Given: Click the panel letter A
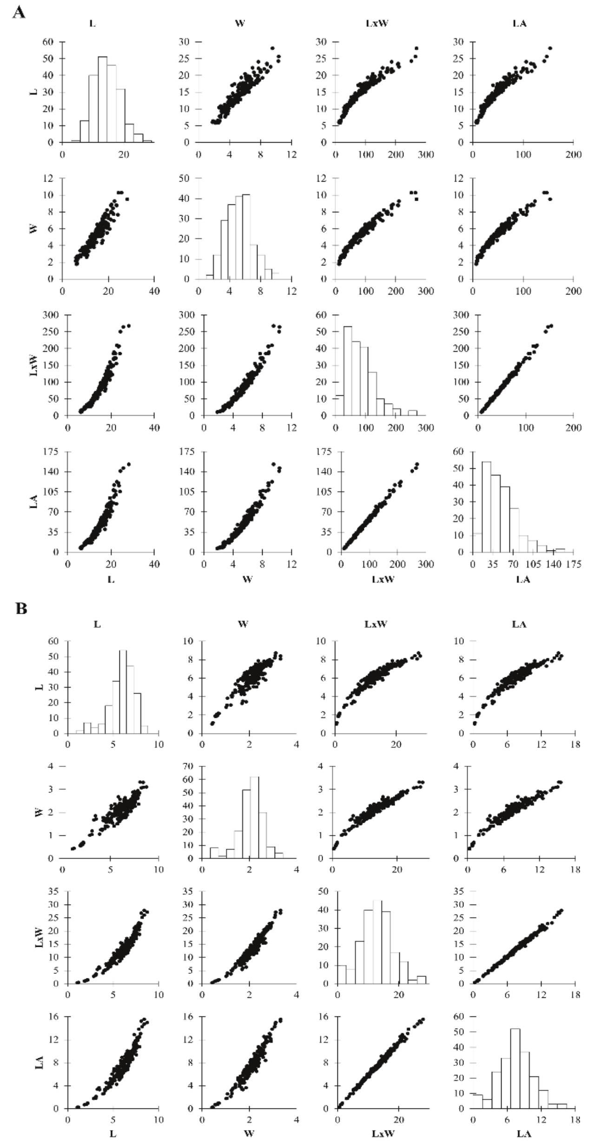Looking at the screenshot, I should pos(19,12).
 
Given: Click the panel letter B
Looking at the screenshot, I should pos(21,608).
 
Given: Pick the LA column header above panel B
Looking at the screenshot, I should pos(519,624).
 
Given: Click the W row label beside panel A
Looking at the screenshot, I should pos(34,228).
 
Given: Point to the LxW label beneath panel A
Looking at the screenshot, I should pos(383,579).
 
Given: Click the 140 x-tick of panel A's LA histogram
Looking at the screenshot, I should pos(554,564).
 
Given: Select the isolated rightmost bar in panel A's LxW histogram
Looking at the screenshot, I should pos(413,413).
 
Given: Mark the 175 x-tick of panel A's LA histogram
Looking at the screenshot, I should pos(574,564).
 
